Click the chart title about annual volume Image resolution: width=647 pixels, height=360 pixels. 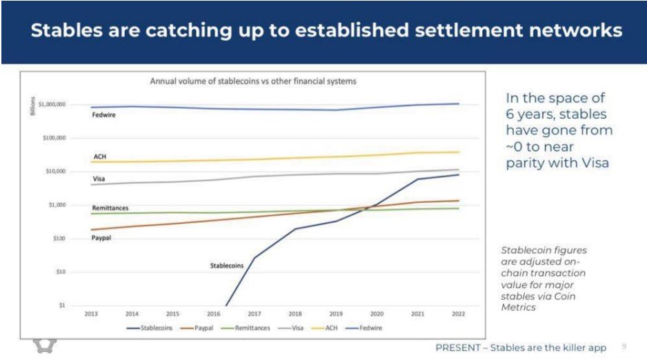(x=253, y=81)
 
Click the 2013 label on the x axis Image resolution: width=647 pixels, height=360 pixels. (x=90, y=314)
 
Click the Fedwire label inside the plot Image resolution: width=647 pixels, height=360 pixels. (x=103, y=115)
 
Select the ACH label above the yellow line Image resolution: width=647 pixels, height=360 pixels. (x=99, y=157)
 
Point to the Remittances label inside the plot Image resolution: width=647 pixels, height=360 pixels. (x=110, y=208)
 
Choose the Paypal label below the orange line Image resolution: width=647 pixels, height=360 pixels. (x=101, y=238)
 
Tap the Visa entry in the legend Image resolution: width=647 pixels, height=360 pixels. (x=297, y=328)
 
